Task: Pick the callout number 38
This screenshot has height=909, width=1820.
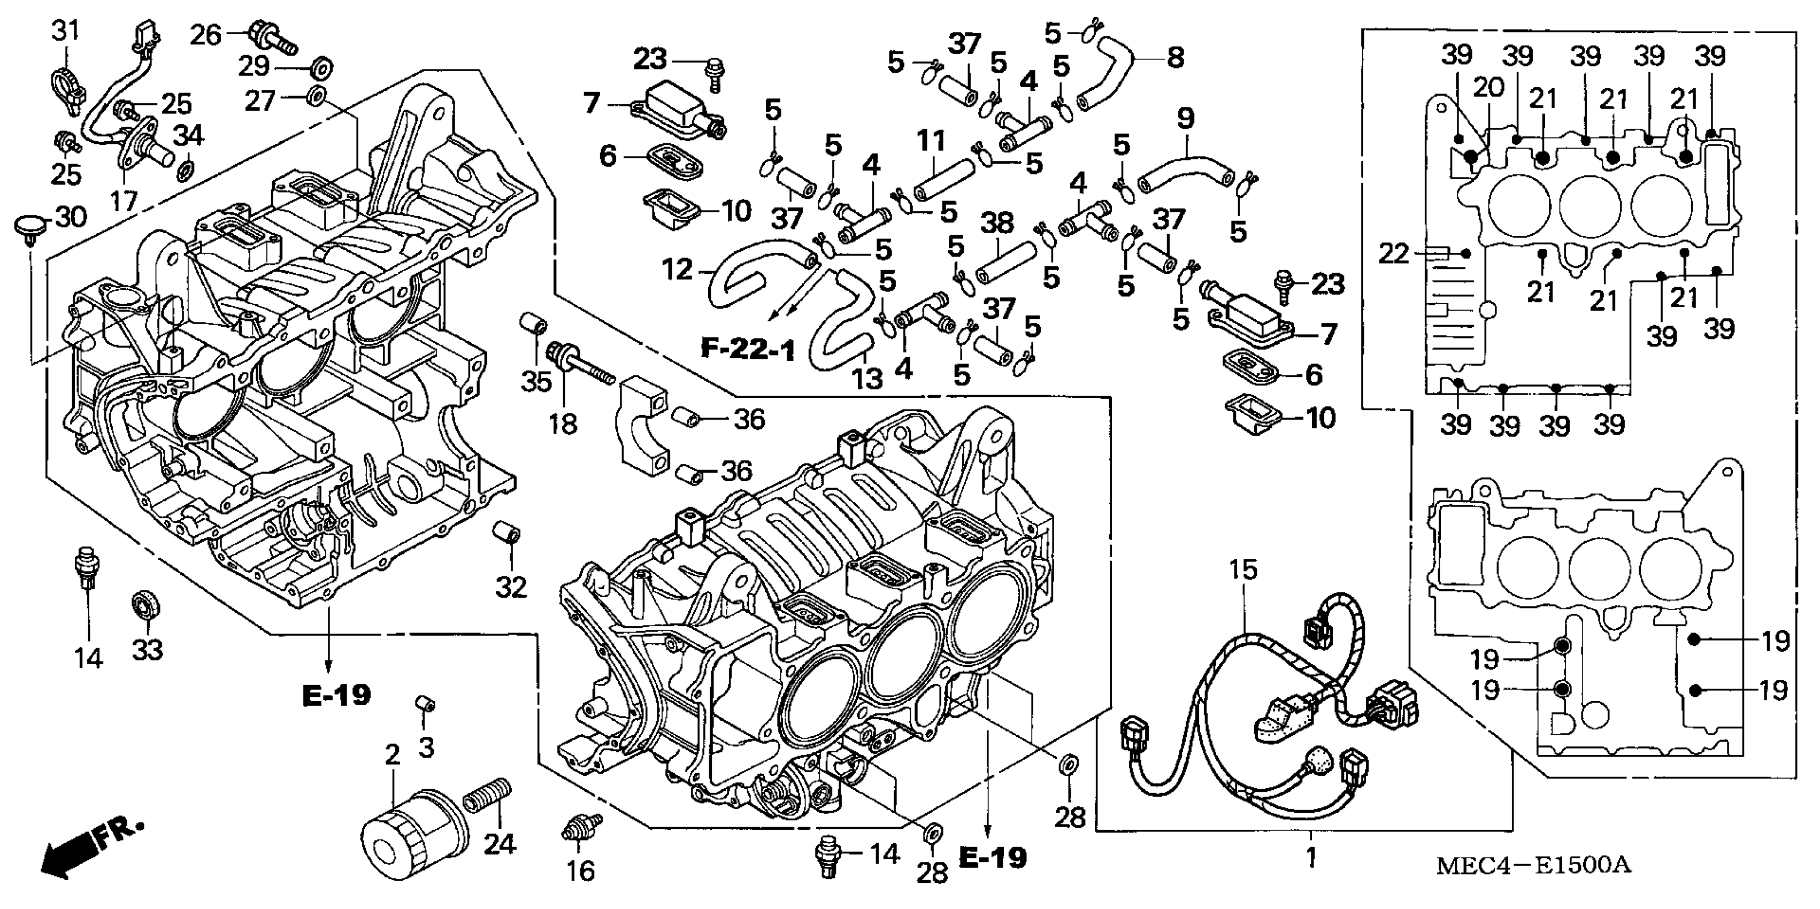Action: pyautogui.click(x=997, y=223)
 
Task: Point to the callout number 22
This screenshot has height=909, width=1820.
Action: pyautogui.click(x=1393, y=253)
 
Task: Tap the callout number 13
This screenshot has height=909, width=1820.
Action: pyautogui.click(x=867, y=379)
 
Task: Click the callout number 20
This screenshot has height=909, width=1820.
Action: pyautogui.click(x=1488, y=88)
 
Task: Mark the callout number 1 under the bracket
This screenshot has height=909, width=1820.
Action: pyautogui.click(x=1311, y=858)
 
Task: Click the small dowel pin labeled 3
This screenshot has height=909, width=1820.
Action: pyautogui.click(x=425, y=706)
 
